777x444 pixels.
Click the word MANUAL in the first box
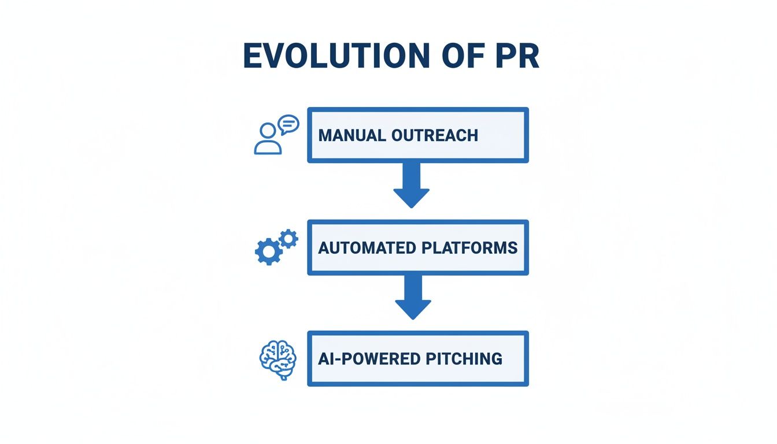(351, 135)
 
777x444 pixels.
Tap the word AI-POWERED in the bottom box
(368, 358)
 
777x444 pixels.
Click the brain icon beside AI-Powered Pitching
(277, 359)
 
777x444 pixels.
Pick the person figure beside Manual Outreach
(268, 140)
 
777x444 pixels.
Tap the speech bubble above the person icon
(288, 124)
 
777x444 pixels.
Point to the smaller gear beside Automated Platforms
(288, 238)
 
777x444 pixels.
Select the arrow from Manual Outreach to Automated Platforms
(411, 185)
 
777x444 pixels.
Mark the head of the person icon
(268, 131)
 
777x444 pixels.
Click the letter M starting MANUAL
(325, 135)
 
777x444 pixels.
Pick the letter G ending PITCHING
(496, 358)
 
